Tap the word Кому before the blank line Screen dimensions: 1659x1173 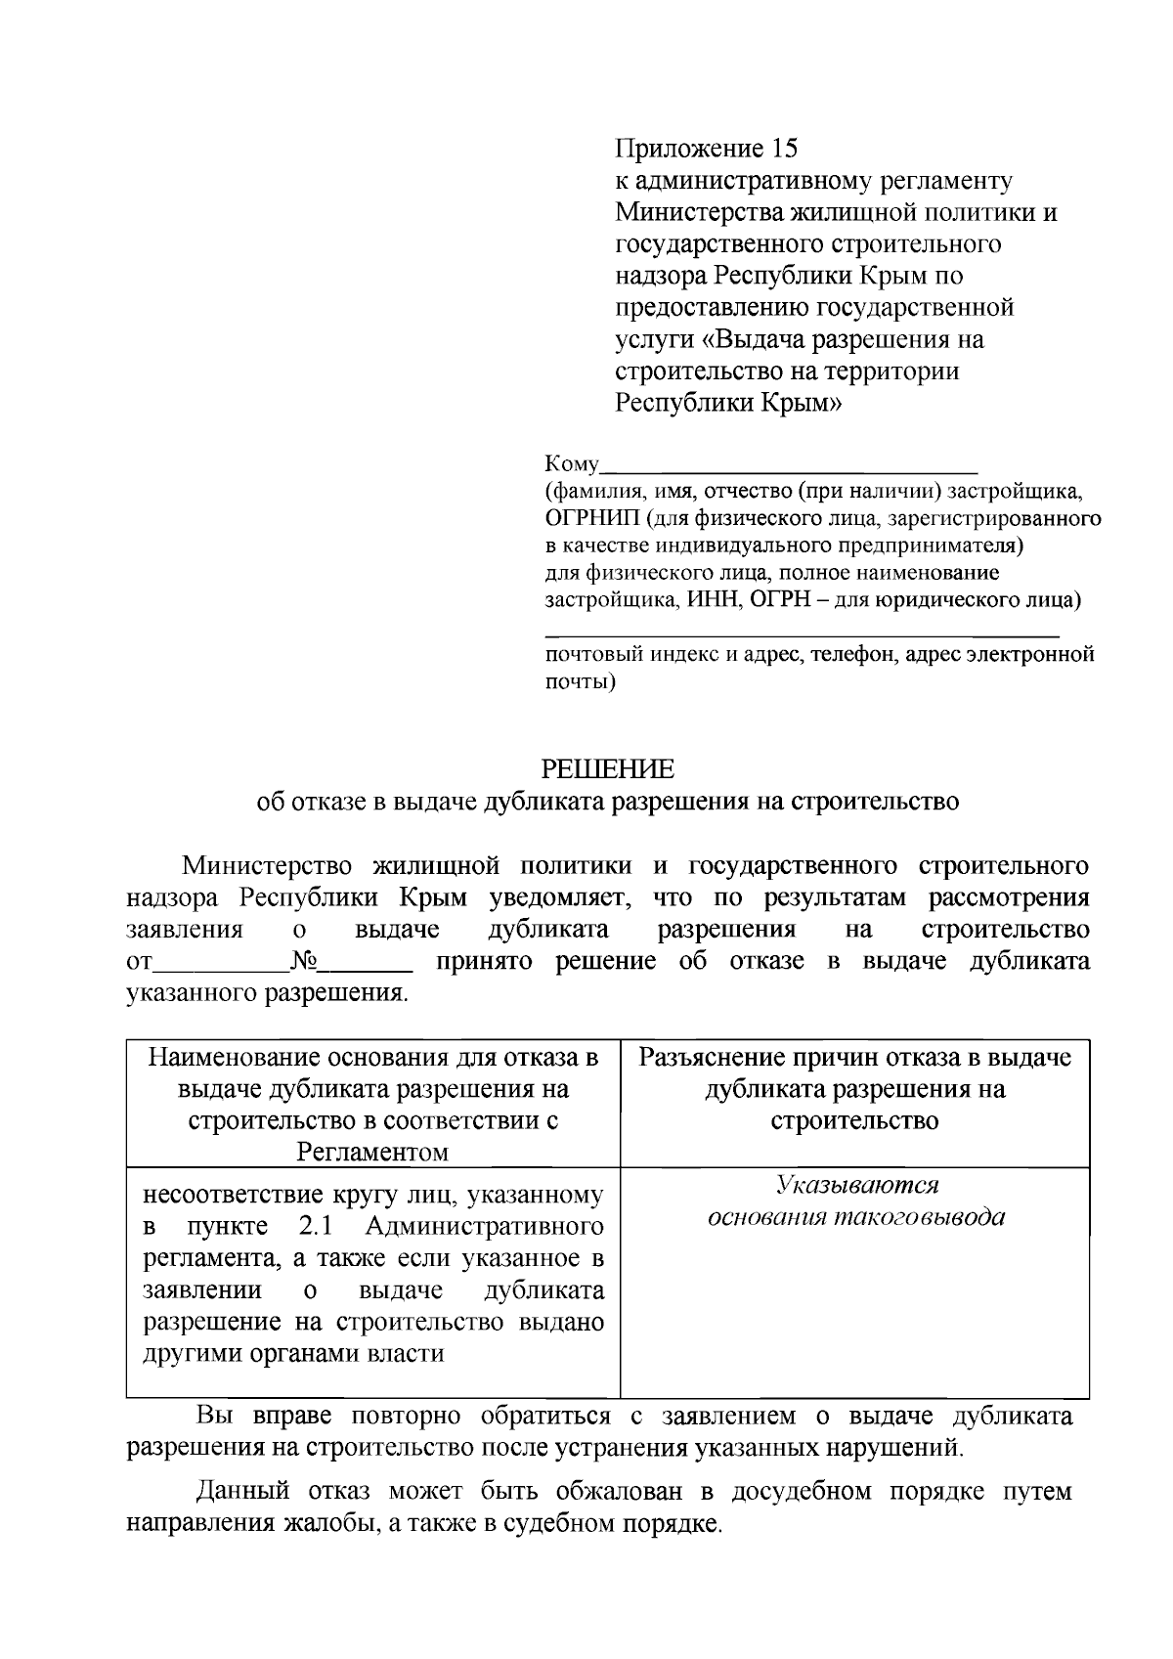coord(571,463)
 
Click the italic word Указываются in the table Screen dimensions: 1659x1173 coord(856,1186)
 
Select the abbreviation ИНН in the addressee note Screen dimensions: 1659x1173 coord(716,599)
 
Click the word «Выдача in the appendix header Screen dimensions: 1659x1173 coord(755,339)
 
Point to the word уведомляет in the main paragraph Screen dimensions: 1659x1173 coord(558,897)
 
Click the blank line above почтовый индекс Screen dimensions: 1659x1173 coord(802,636)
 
